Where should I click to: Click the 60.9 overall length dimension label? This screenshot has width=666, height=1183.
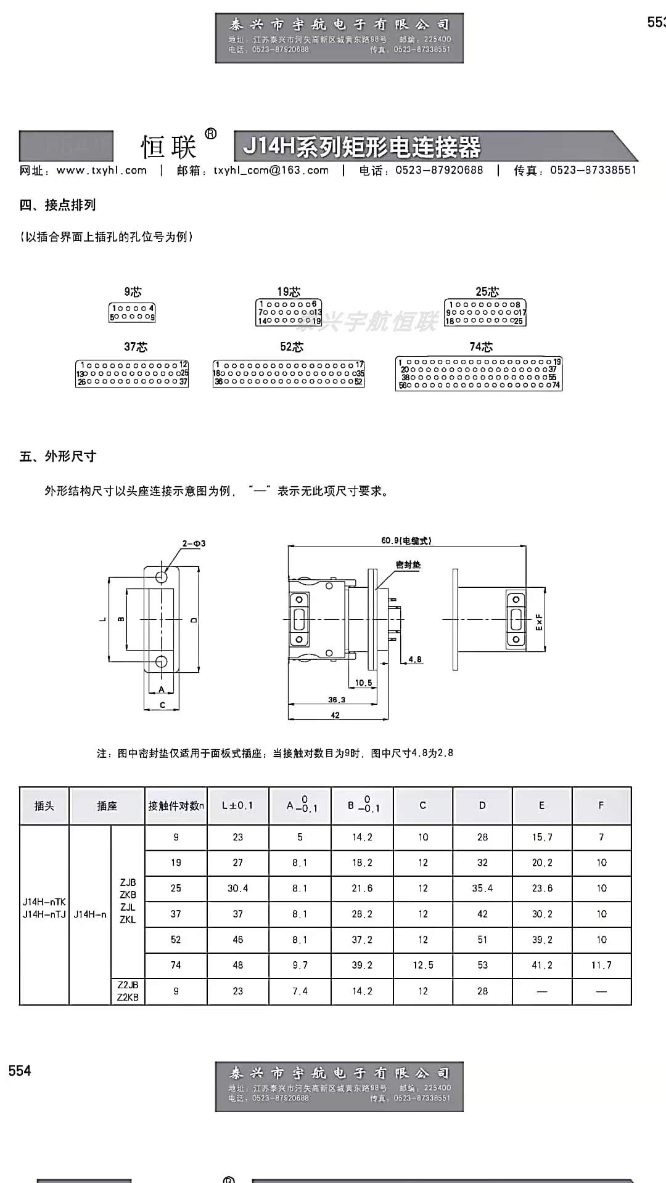406,540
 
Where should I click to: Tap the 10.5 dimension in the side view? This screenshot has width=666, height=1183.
364,683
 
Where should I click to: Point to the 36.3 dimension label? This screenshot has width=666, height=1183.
337,699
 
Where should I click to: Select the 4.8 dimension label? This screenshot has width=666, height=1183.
415,659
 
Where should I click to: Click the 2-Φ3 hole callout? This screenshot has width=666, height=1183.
194,543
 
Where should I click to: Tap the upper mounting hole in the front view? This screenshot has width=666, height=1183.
162,577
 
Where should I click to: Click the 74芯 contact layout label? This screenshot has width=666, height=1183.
481,347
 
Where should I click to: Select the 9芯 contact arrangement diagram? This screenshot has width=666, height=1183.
132,312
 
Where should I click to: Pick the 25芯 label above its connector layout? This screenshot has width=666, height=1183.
487,291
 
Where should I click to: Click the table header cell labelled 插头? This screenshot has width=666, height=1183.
44,805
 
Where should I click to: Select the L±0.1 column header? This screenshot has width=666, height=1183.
237,805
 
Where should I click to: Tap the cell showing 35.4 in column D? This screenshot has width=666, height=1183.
482,888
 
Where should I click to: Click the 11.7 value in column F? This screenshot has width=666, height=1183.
601,965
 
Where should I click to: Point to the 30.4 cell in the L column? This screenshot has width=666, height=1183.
237,888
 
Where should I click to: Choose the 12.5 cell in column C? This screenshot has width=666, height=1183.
423,965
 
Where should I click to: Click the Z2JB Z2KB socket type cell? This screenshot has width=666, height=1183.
128,991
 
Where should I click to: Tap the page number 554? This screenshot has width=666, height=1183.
20,1071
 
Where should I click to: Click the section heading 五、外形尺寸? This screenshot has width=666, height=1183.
58,457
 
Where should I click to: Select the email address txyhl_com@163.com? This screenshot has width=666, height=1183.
271,171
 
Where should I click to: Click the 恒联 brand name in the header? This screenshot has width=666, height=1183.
168,147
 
